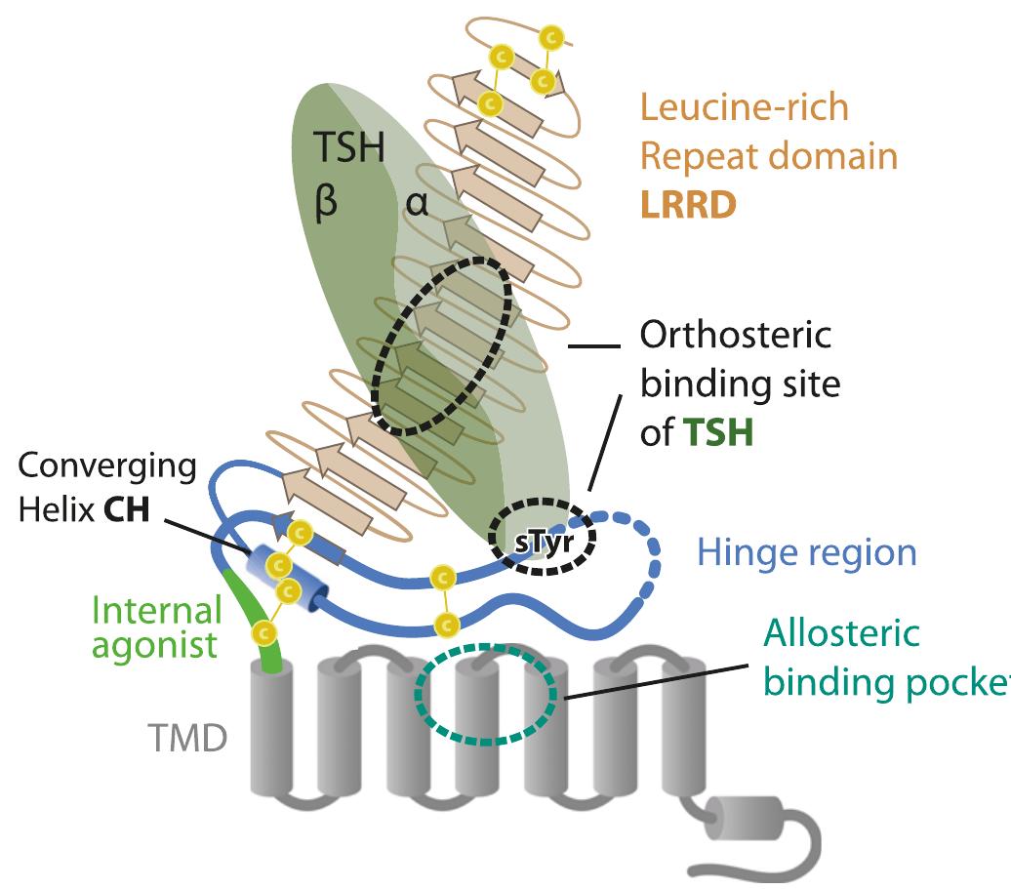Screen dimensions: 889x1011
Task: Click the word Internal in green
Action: point(156,612)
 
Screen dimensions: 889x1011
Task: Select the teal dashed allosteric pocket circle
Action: point(485,695)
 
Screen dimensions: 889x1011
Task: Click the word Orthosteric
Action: point(735,335)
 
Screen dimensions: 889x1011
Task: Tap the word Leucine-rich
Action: point(744,106)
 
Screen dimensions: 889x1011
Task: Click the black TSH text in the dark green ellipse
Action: point(348,149)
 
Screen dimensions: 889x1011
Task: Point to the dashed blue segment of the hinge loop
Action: point(644,566)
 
